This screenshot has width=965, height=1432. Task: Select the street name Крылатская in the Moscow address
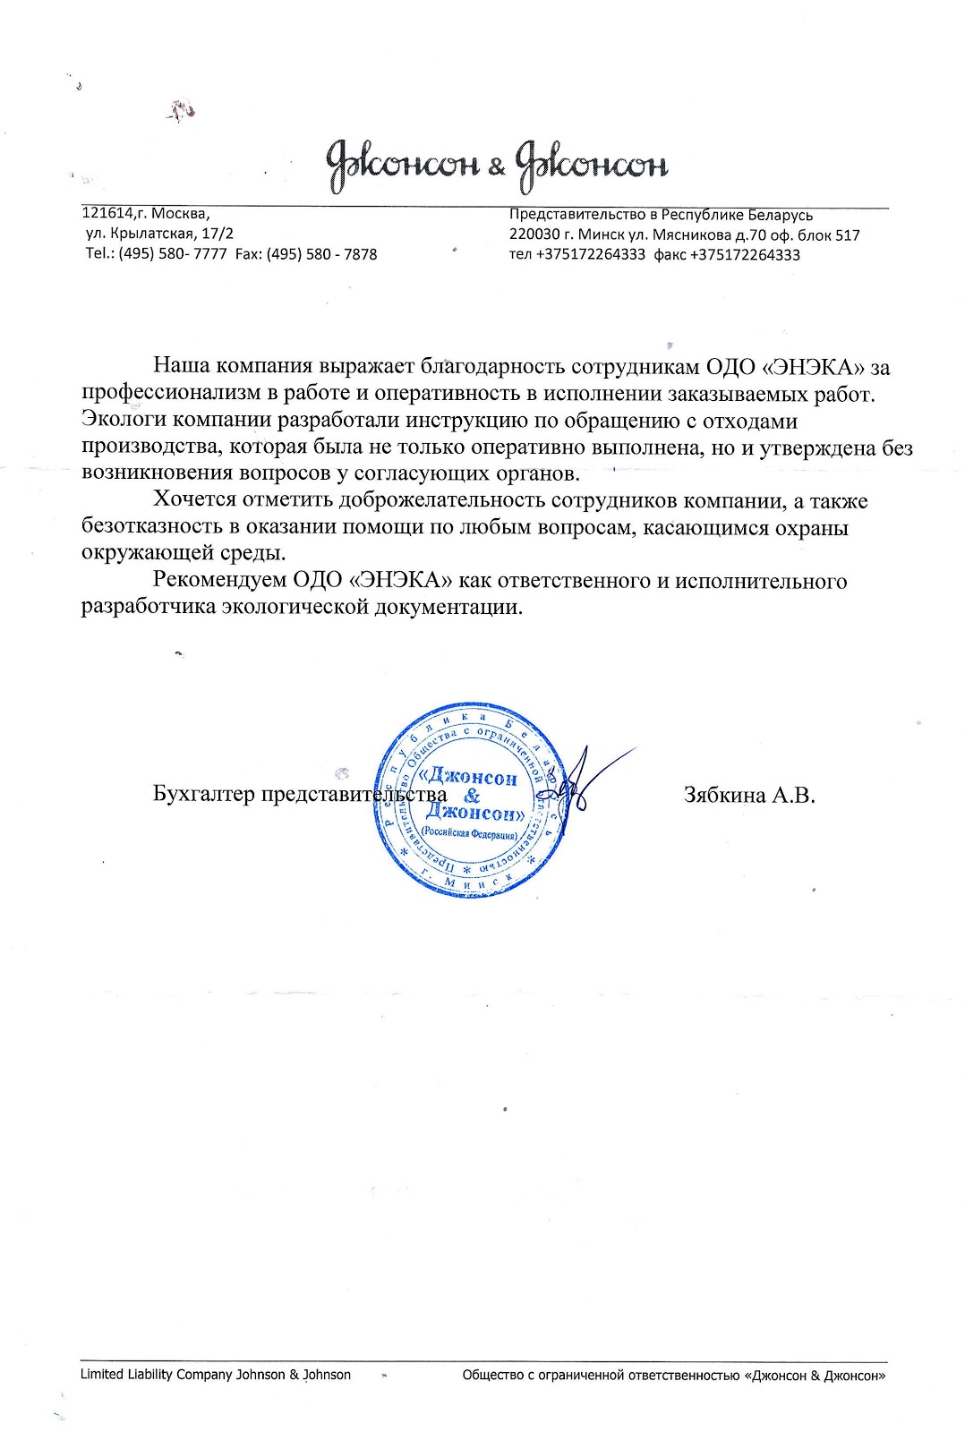click(x=156, y=234)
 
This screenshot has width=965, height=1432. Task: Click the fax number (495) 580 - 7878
click(x=321, y=254)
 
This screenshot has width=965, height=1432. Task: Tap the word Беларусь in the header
click(x=781, y=215)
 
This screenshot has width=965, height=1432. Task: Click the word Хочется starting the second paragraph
click(x=195, y=500)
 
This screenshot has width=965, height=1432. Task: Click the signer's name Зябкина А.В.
click(x=748, y=794)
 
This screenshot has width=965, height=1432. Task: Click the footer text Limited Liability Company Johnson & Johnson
click(x=216, y=1374)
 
